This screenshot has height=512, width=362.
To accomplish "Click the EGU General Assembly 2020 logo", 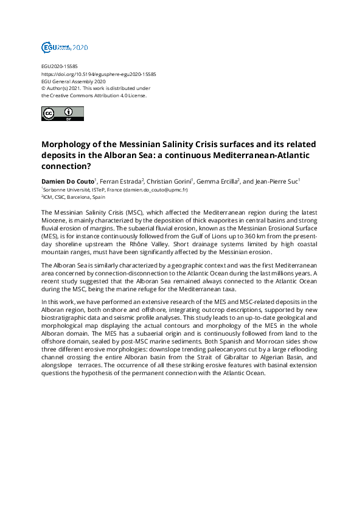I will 64,47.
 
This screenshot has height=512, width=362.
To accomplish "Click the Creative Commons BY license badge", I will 62,113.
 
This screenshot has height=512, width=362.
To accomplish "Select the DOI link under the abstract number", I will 99,74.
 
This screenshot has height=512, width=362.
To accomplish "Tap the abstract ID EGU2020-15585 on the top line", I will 59,66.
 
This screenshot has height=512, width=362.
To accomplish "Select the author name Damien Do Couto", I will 67,181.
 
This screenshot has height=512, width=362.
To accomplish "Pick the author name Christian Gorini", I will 170,181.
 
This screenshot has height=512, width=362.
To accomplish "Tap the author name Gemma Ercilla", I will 218,181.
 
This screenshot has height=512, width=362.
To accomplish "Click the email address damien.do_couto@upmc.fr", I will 155,190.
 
